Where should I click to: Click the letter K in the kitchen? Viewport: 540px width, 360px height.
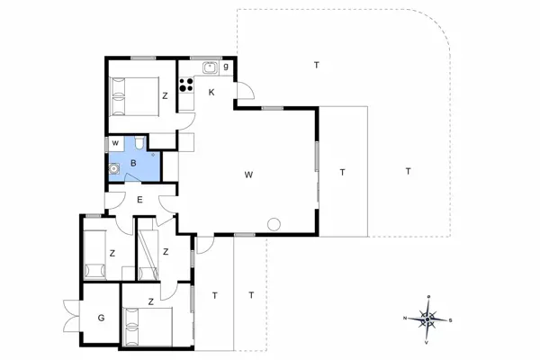click(212, 93)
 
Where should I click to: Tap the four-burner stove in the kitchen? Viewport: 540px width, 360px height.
click(188, 86)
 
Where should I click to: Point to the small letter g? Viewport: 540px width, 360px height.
click(226, 67)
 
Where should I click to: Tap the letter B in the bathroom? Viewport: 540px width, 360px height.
click(134, 163)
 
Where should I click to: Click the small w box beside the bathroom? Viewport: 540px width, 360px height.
click(116, 143)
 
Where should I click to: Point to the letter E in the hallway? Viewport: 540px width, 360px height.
click(139, 201)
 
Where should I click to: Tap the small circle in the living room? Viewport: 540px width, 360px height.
click(274, 224)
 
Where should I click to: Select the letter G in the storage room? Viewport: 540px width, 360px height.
click(101, 317)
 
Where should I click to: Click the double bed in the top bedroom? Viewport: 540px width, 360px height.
click(132, 94)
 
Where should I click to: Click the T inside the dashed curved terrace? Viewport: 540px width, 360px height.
click(317, 65)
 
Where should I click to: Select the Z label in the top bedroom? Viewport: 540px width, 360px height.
click(165, 94)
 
